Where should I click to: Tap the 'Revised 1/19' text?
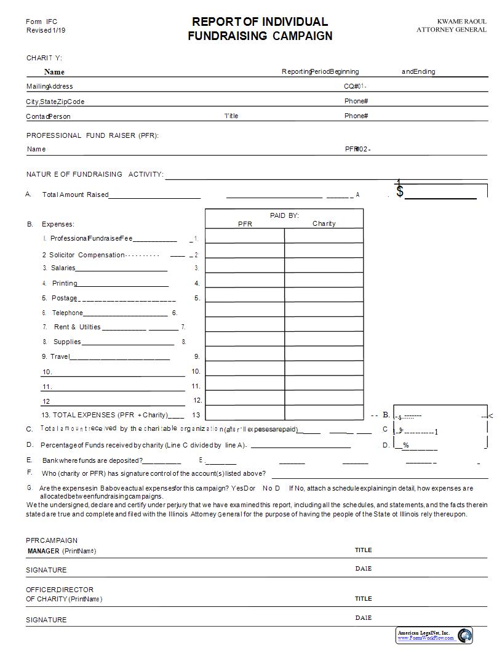point(46,30)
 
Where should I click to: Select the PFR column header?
point(245,224)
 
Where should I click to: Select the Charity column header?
point(324,223)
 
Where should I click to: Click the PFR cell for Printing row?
point(245,283)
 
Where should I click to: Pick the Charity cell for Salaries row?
point(324,268)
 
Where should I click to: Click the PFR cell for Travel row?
point(245,356)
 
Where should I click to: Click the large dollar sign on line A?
point(400,190)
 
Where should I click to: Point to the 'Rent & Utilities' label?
point(77,327)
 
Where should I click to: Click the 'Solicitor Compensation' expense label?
point(83,255)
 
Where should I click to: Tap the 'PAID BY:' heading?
point(284,215)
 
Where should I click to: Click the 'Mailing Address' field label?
point(49,87)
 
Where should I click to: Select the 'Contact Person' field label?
point(48,116)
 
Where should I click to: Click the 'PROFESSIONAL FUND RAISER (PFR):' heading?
point(92,135)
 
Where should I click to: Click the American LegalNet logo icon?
point(464,635)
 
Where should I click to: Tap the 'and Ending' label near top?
point(418,71)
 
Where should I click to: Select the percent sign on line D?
point(406,445)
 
